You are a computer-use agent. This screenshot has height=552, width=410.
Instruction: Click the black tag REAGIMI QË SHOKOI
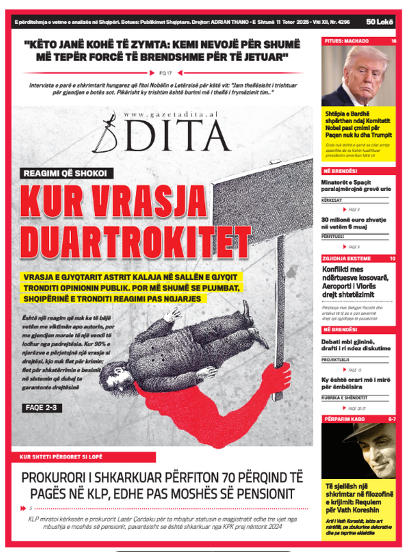click(68, 173)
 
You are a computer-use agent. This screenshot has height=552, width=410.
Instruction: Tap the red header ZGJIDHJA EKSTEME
click(348, 258)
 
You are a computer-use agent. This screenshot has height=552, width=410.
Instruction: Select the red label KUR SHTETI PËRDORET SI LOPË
click(66, 456)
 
